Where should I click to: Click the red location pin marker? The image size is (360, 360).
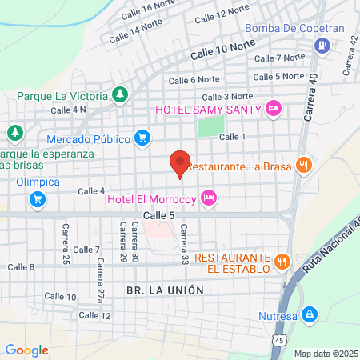click(x=180, y=163)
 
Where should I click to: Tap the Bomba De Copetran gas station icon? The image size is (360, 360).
click(x=322, y=45)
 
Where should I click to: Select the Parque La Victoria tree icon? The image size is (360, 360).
click(x=120, y=95)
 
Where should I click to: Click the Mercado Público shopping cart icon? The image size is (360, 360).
click(x=142, y=138)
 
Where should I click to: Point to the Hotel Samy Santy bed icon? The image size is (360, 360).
click(x=274, y=108)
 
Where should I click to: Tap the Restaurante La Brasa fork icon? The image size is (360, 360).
click(x=303, y=166)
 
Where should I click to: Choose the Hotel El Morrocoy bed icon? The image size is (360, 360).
click(x=209, y=197)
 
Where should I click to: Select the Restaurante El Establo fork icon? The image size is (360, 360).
click(x=282, y=261)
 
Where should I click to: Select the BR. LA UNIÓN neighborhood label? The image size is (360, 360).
click(x=165, y=290)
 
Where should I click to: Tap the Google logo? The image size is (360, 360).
click(x=26, y=350)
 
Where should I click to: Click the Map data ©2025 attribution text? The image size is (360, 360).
click(x=325, y=354)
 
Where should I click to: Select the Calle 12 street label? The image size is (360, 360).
click(x=94, y=315)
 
